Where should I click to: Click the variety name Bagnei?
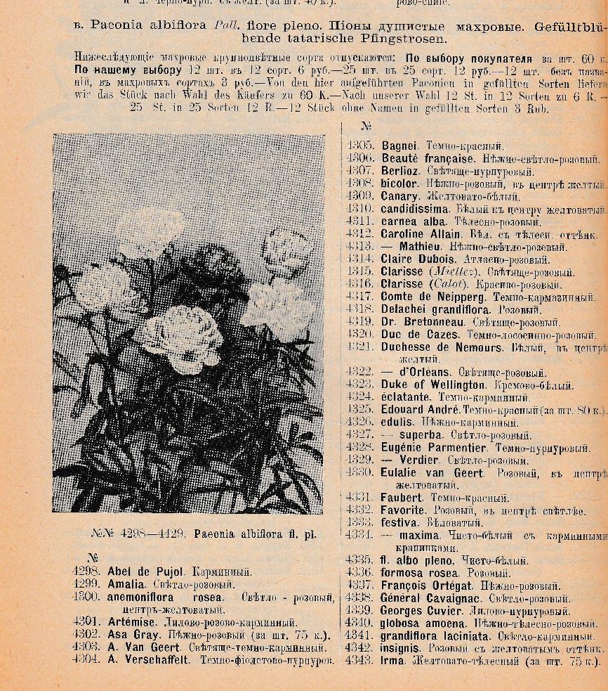(x=399, y=146)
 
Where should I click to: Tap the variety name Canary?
(x=400, y=197)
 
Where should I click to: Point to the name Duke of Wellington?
(x=432, y=385)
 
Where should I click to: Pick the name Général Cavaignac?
(x=431, y=599)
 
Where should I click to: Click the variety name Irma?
(x=392, y=661)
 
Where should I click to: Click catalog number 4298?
(x=87, y=572)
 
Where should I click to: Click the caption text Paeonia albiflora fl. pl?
(x=254, y=534)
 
